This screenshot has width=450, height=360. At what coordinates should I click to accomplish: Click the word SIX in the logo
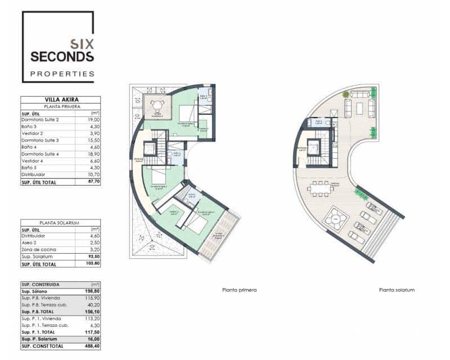click(x=82, y=43)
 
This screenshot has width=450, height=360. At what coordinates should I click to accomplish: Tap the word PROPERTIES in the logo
click(x=62, y=74)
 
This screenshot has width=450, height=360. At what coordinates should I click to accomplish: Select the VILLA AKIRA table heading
click(x=61, y=100)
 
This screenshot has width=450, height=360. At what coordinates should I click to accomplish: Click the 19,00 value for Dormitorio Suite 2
click(x=93, y=120)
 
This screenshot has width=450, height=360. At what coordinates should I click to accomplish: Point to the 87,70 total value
click(x=92, y=182)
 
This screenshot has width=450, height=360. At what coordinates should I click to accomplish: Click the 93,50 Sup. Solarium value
click(x=93, y=255)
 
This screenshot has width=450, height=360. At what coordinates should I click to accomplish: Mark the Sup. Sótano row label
click(x=34, y=291)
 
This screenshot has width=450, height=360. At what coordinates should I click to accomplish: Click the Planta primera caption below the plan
click(x=240, y=290)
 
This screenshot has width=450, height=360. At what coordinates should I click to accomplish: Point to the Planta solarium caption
click(x=397, y=290)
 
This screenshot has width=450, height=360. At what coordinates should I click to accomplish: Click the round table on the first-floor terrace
click(x=157, y=105)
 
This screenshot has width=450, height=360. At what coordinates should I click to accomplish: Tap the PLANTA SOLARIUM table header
click(x=61, y=223)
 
